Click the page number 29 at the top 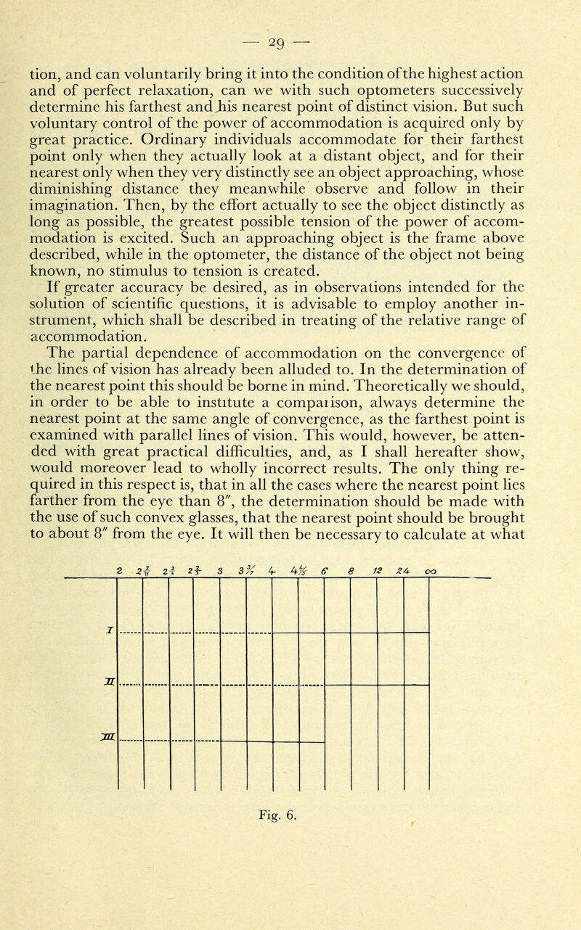(290, 14)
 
